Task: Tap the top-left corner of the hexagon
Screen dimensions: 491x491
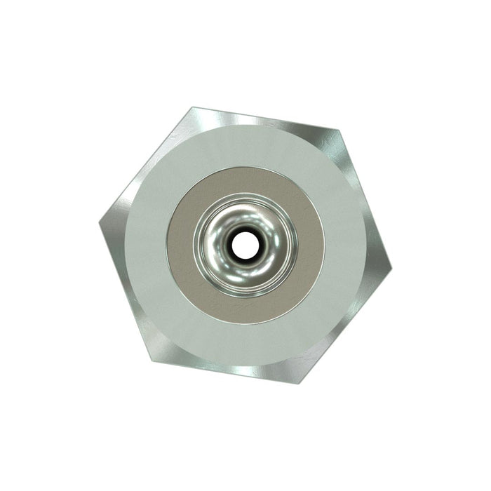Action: (191, 109)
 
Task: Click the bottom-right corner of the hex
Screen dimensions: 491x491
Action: (303, 382)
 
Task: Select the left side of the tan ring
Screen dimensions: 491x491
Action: (180, 245)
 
